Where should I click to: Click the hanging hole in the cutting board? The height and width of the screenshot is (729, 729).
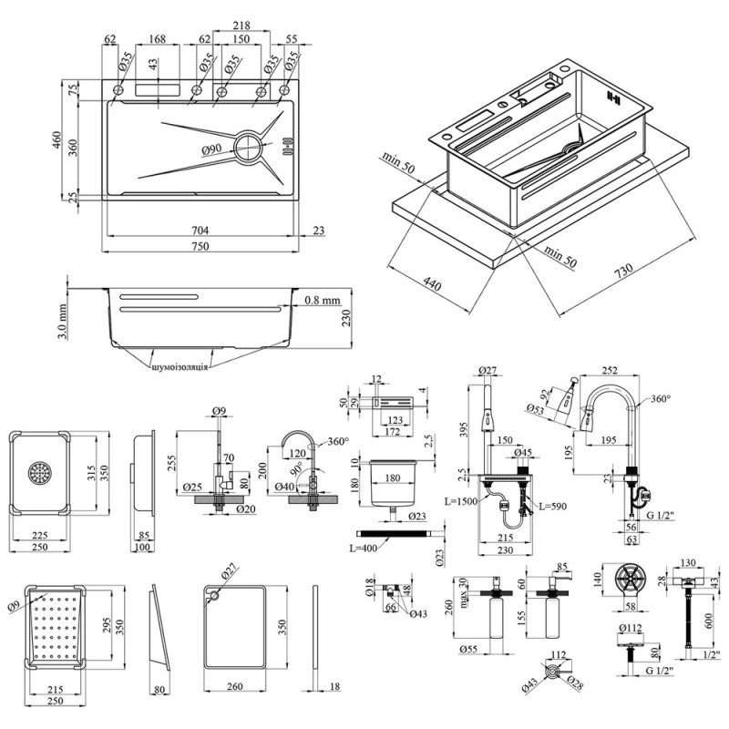[x=213, y=596]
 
